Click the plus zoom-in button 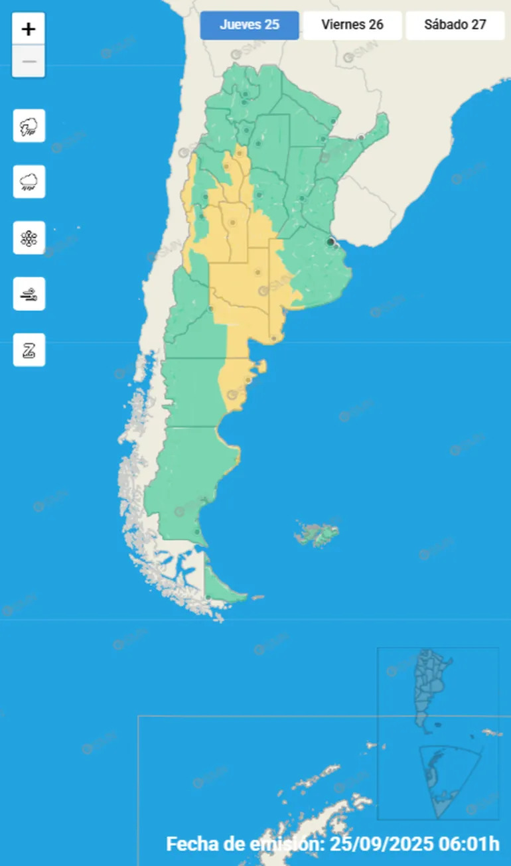(x=29, y=29)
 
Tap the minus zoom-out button (x=29, y=62)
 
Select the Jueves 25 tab (x=250, y=25)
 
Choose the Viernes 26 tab (x=352, y=25)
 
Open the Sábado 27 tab (x=455, y=25)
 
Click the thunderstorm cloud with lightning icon (x=29, y=126)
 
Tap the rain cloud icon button (x=29, y=182)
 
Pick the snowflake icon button (x=29, y=238)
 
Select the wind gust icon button (x=29, y=294)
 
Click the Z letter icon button (x=29, y=350)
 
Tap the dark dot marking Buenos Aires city (x=330, y=242)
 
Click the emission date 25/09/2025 (x=381, y=844)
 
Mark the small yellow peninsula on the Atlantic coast (x=262, y=366)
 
